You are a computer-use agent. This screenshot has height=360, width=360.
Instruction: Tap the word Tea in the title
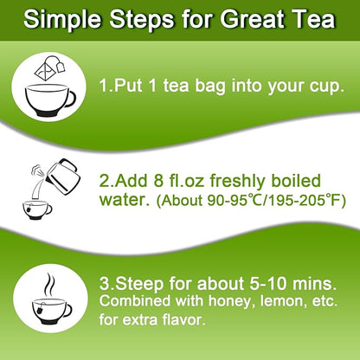click(x=312, y=19)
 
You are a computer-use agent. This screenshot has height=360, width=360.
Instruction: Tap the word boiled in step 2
click(x=310, y=183)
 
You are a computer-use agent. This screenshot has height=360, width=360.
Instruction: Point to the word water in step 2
click(x=127, y=202)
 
